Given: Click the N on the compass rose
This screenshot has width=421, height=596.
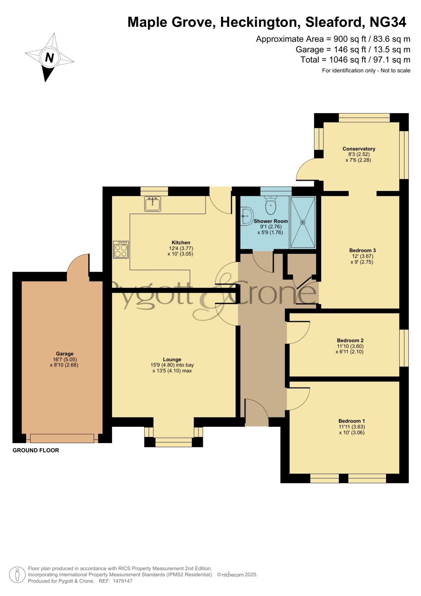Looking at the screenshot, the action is click(x=50, y=57).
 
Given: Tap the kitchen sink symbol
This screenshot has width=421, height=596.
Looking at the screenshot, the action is click(x=153, y=204).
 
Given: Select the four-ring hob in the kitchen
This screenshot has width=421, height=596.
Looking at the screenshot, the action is click(x=121, y=250).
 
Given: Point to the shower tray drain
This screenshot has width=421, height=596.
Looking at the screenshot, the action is click(x=303, y=222).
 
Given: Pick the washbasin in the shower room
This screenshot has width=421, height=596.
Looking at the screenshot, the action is click(x=247, y=216).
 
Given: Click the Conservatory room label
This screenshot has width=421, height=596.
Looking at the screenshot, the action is click(x=359, y=149).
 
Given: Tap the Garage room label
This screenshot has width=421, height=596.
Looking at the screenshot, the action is click(x=65, y=354).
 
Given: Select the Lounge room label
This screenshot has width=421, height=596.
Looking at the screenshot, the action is click(x=172, y=359).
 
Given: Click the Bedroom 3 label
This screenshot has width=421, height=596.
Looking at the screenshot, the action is click(x=362, y=250).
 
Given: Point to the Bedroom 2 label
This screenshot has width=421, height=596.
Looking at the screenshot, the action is click(x=350, y=340).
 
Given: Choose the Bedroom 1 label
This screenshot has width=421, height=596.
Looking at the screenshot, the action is click(x=351, y=421).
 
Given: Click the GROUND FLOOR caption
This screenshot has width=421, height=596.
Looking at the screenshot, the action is click(x=36, y=450).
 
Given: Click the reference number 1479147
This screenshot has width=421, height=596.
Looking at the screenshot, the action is click(x=122, y=581).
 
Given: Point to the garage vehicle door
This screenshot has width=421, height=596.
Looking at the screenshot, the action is click(x=62, y=438).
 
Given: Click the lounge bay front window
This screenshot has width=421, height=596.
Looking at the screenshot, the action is click(x=174, y=442).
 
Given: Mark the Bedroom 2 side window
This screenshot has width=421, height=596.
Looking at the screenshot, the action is click(x=404, y=348).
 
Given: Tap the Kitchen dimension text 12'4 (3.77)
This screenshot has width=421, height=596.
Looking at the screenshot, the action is click(x=181, y=248).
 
